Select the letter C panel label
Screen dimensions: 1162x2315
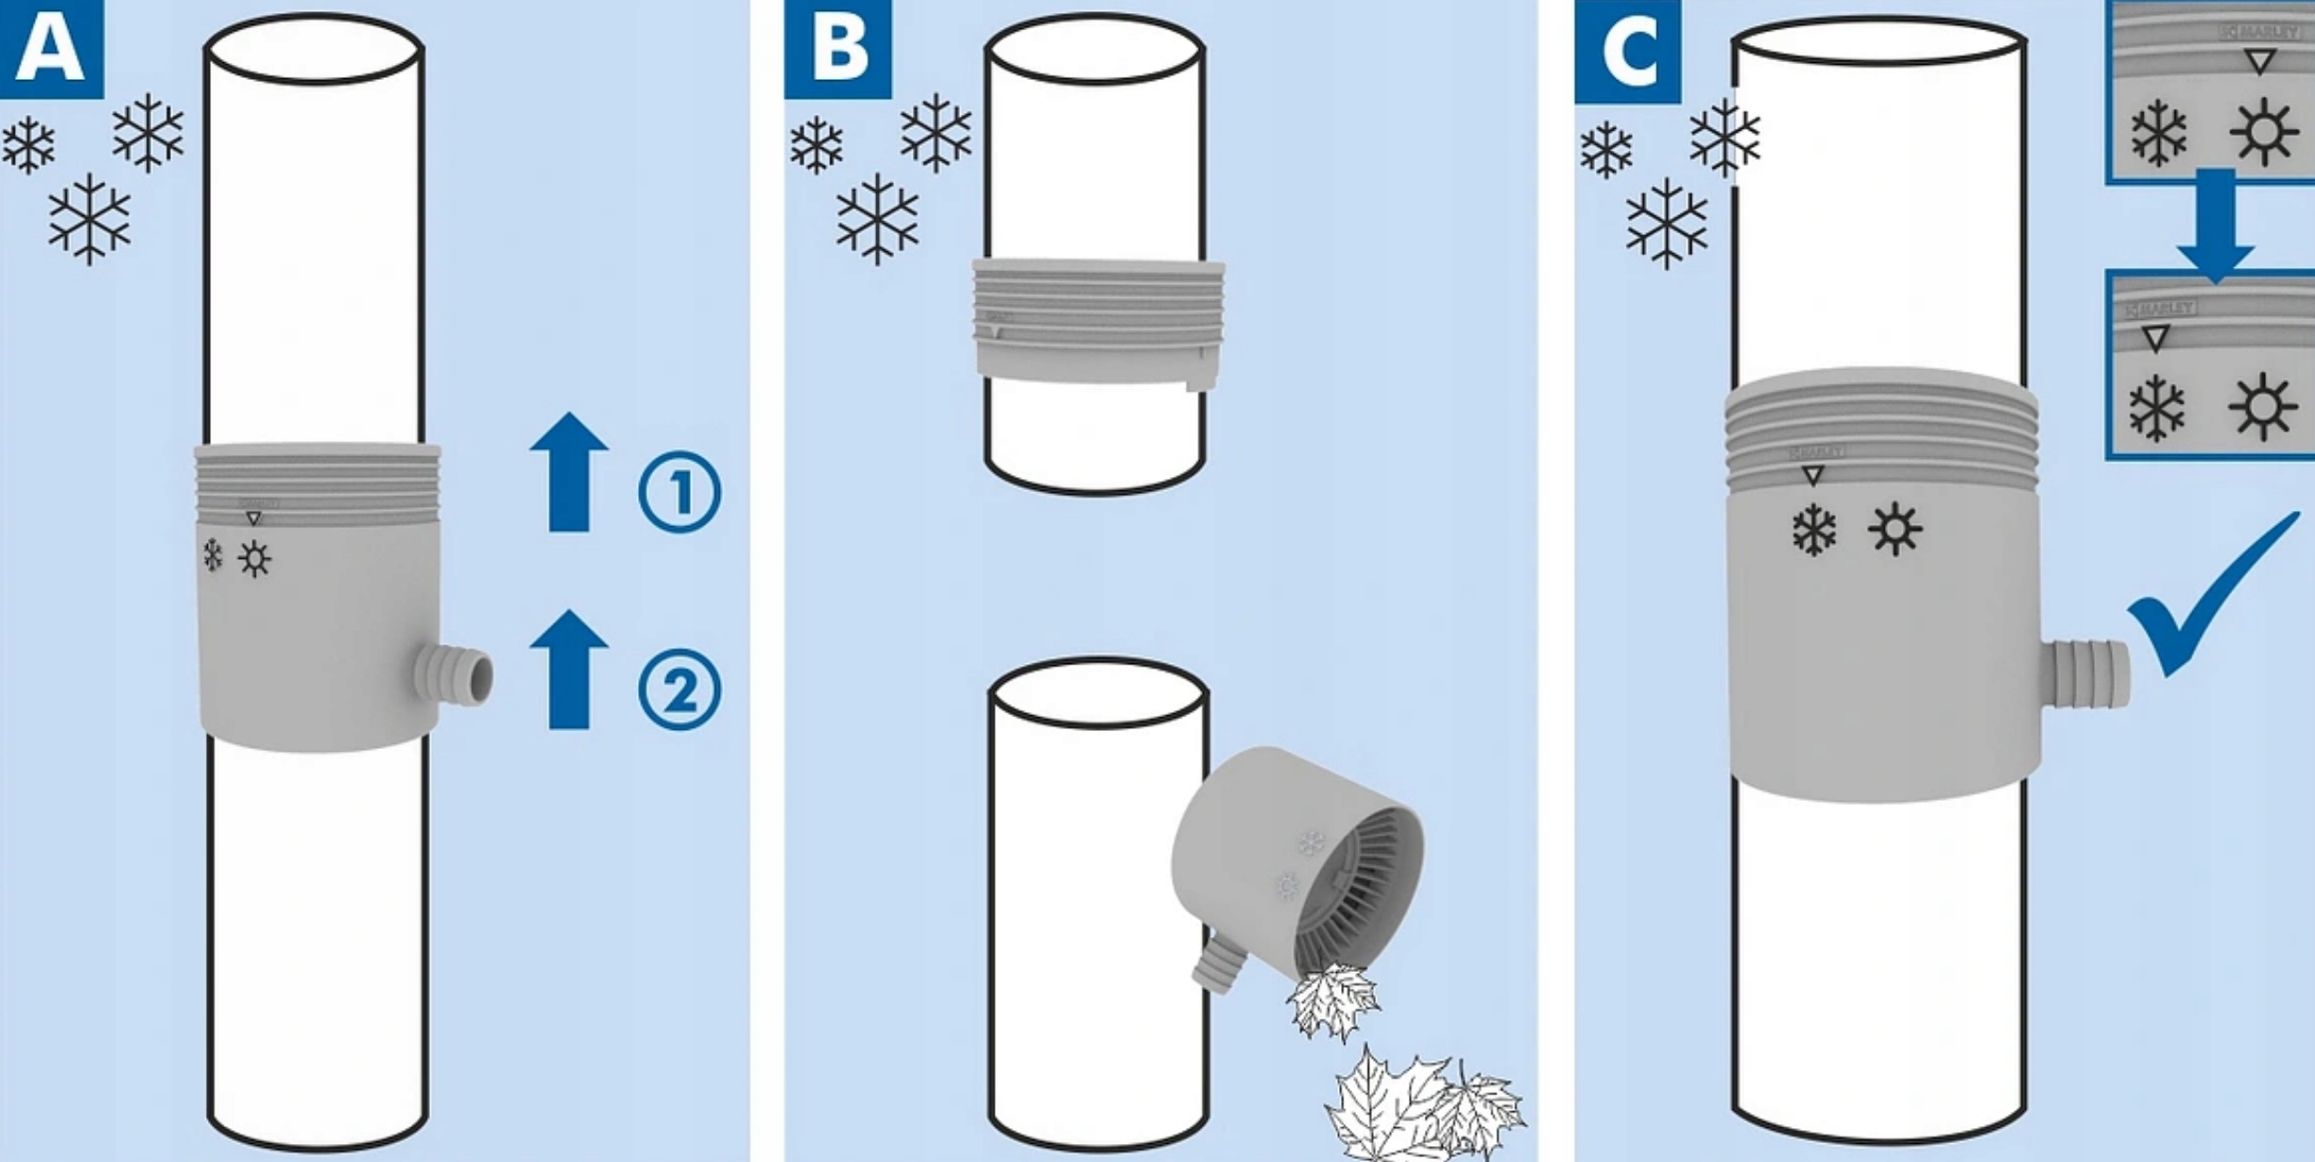pyautogui.click(x=1627, y=51)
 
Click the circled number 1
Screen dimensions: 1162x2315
pyautogui.click(x=679, y=492)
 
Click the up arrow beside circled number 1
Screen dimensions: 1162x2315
pyautogui.click(x=569, y=472)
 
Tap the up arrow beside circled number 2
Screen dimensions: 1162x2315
pyautogui.click(x=569, y=669)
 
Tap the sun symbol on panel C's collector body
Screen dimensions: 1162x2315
pyautogui.click(x=1895, y=530)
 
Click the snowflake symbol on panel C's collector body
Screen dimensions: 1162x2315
pyautogui.click(x=1813, y=531)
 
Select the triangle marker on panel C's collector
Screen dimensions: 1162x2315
pyautogui.click(x=1812, y=475)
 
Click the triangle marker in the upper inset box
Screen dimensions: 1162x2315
pyautogui.click(x=2260, y=62)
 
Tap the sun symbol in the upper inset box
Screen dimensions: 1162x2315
pyautogui.click(x=2264, y=132)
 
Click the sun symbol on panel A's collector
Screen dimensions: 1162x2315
pyautogui.click(x=254, y=559)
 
